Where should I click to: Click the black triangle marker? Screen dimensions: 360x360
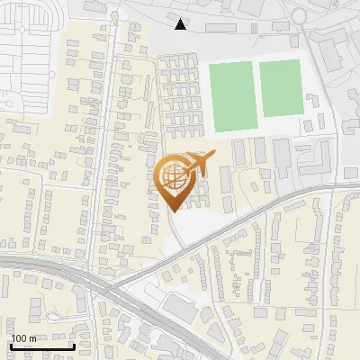(181, 24)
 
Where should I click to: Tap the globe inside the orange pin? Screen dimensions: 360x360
(174, 175)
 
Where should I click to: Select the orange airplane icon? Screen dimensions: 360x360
(200, 164)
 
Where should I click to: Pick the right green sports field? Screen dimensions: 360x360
(280, 88)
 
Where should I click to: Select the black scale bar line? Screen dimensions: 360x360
(41, 347)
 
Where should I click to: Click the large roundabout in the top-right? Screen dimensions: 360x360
(301, 15)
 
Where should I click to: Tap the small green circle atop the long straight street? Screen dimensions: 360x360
(114, 16)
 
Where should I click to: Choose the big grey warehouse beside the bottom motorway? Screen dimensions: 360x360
(183, 309)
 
